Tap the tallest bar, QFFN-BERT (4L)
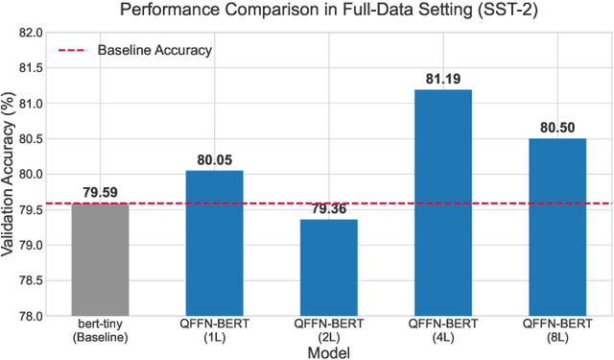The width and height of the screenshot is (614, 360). pyautogui.click(x=442, y=203)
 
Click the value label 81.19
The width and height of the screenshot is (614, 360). pyautogui.click(x=442, y=79)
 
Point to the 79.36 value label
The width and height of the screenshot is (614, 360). pyautogui.click(x=328, y=208)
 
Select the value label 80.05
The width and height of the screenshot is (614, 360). pyautogui.click(x=214, y=159)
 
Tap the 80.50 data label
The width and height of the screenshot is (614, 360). pyautogui.click(x=556, y=128)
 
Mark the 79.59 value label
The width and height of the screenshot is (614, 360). pyautogui.click(x=100, y=192)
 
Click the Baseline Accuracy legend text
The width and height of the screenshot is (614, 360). pyautogui.click(x=154, y=49)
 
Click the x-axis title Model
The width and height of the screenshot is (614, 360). pyautogui.click(x=328, y=352)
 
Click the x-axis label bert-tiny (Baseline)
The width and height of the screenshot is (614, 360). pyautogui.click(x=100, y=332)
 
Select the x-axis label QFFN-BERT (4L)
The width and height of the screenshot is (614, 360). pyautogui.click(x=442, y=332)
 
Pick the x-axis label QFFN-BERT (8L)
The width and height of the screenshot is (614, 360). pyautogui.click(x=556, y=332)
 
